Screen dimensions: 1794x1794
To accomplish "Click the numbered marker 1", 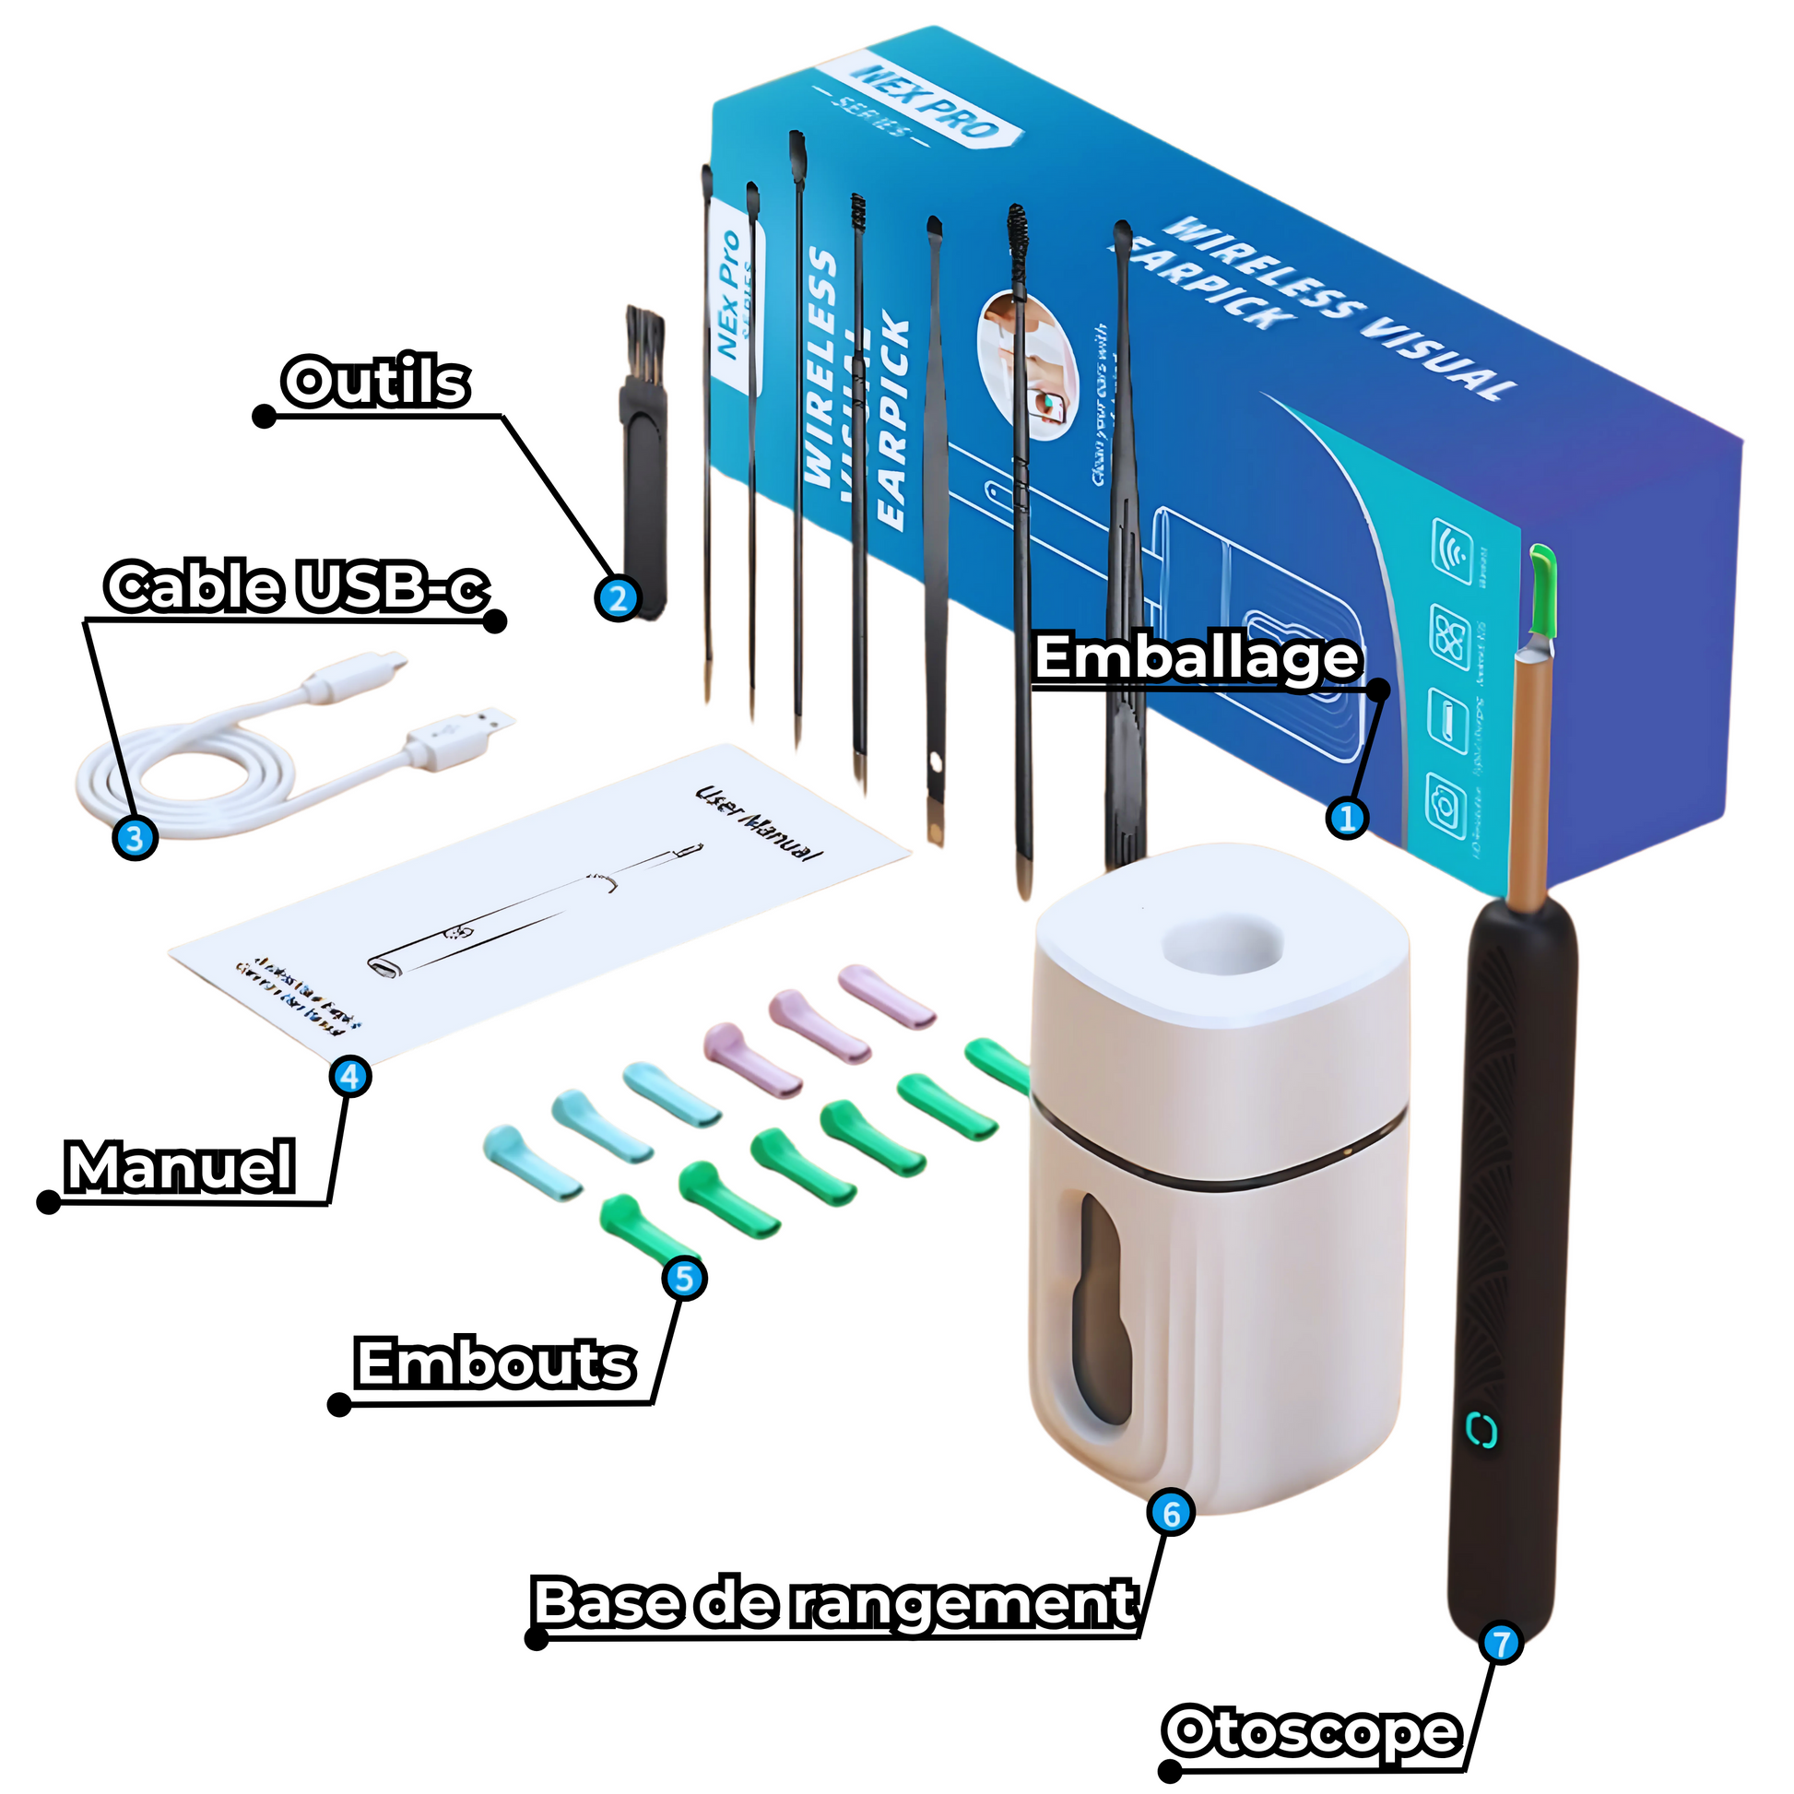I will pyautogui.click(x=1347, y=817).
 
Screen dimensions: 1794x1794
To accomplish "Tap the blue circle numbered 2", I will pyautogui.click(x=618, y=598).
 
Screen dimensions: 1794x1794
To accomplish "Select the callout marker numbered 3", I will pyautogui.click(x=135, y=838).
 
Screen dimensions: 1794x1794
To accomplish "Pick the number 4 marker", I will pyautogui.click(x=349, y=1076).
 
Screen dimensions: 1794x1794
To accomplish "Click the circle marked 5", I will pyautogui.click(x=684, y=1279).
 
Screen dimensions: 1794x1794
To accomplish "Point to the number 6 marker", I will pyautogui.click(x=1171, y=1513).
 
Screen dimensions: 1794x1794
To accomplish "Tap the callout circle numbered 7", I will pyautogui.click(x=1502, y=1644).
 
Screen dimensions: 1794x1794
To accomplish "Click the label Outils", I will pyautogui.click(x=376, y=382).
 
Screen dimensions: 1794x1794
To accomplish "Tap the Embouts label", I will pyautogui.click(x=496, y=1363).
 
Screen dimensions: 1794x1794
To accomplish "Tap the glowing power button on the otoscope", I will pyautogui.click(x=1481, y=1431).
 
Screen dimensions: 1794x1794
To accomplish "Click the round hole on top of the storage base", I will pyautogui.click(x=1223, y=946).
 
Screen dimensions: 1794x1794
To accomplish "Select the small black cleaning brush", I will pyautogui.click(x=643, y=465).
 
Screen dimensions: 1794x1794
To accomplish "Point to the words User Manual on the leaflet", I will pyautogui.click(x=760, y=822).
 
